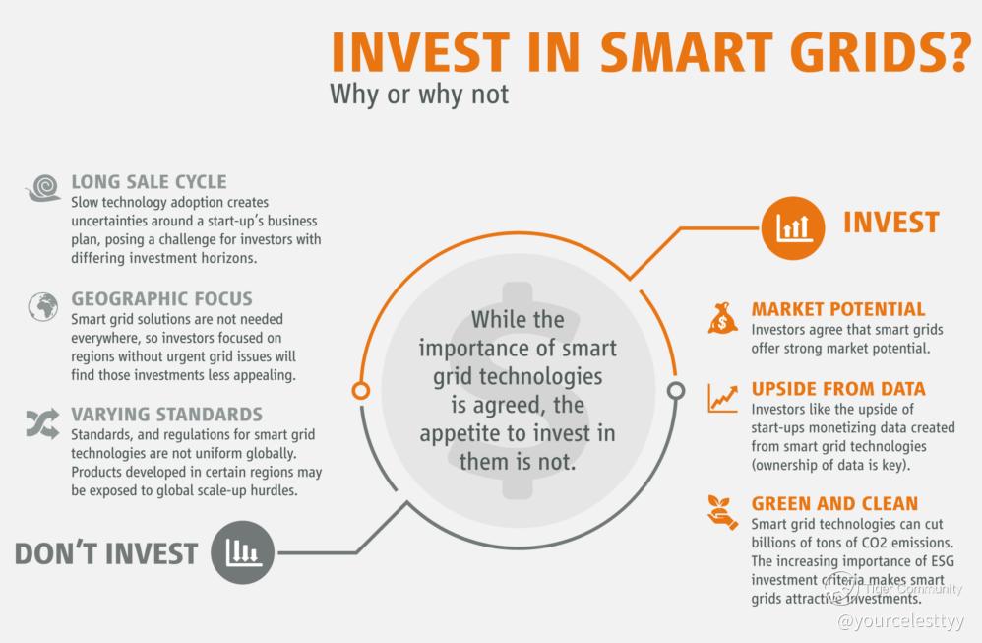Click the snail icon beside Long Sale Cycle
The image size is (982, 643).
[x=43, y=188]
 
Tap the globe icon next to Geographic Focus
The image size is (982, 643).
[x=43, y=306]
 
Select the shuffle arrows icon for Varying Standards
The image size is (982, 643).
[x=42, y=423]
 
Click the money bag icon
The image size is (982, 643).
[x=722, y=318]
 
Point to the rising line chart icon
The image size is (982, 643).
[x=722, y=398]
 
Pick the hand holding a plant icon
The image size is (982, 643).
[x=722, y=512]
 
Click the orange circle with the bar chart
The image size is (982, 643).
[x=793, y=227]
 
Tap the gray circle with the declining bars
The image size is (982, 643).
[x=242, y=552]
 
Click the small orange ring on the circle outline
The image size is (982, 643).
[x=361, y=391]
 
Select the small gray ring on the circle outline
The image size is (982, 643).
[x=676, y=391]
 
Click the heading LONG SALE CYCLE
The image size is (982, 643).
[x=149, y=182]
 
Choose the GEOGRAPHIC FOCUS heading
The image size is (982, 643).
[x=161, y=299]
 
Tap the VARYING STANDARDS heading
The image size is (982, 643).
[x=166, y=415]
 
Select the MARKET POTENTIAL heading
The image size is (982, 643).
[x=838, y=309]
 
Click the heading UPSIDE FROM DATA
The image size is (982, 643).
[x=838, y=389]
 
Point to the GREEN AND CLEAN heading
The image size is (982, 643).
[x=834, y=503]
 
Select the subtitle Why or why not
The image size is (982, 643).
[x=419, y=94]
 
